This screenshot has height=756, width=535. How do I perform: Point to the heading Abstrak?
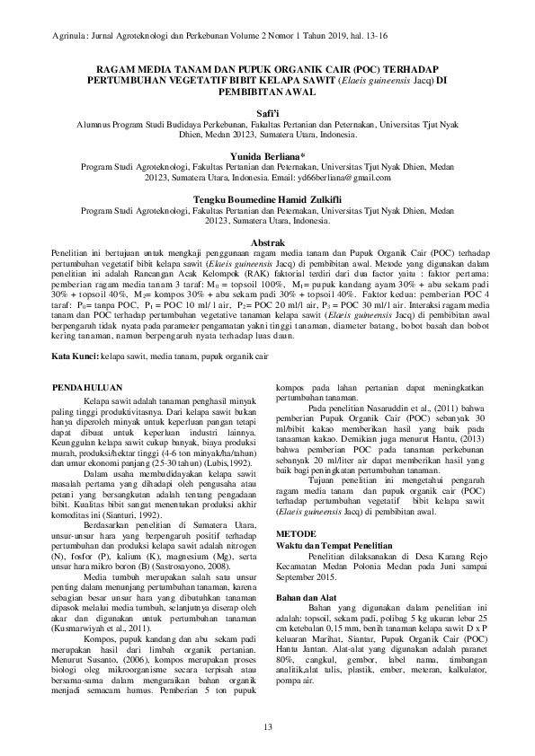(x=267, y=242)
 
